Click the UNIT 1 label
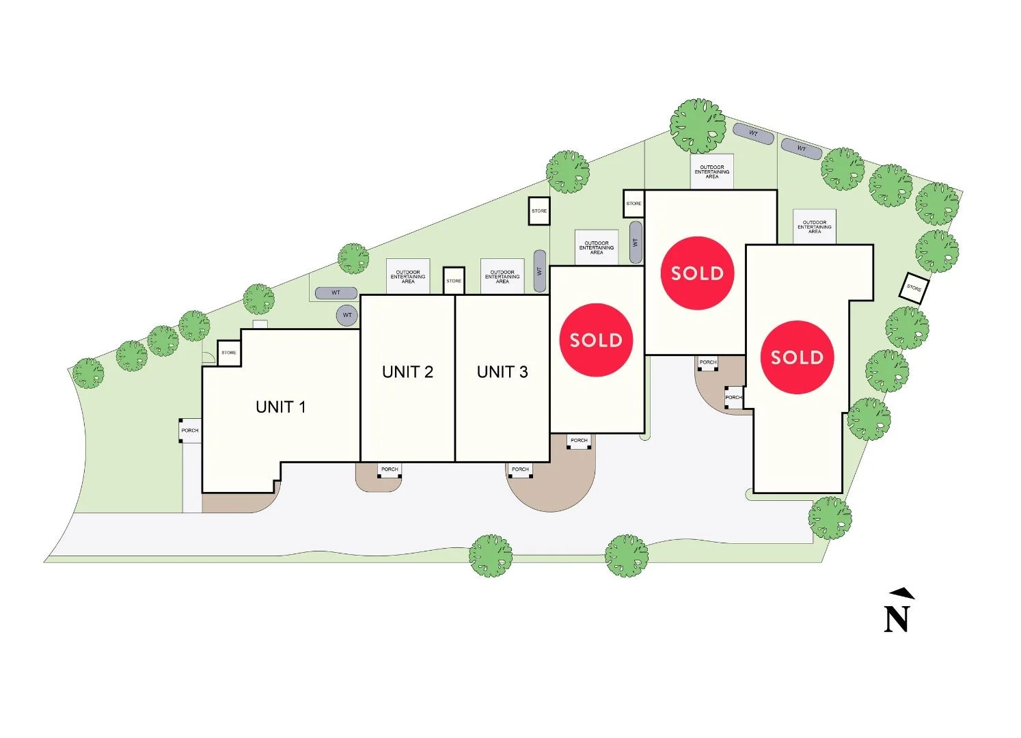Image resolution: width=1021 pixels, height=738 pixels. click(x=280, y=407)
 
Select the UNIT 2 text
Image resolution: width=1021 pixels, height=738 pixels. click(x=407, y=372)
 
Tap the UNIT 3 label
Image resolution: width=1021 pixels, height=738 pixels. click(x=502, y=372)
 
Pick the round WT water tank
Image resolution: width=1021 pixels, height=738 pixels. click(x=347, y=315)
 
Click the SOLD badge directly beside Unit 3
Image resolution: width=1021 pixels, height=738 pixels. click(x=596, y=340)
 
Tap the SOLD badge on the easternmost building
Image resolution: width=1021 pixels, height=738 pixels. click(x=797, y=357)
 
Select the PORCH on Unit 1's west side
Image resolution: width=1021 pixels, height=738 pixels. click(x=190, y=430)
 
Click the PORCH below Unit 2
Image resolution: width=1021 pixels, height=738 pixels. click(x=390, y=469)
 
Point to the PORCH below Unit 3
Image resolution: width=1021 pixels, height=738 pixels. click(x=520, y=469)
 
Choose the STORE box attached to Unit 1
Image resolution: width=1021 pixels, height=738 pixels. click(x=229, y=353)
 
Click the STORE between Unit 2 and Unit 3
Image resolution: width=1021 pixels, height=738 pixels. click(x=454, y=281)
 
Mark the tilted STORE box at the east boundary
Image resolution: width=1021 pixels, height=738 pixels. click(x=914, y=288)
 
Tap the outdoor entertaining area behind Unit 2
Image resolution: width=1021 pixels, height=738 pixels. click(x=408, y=277)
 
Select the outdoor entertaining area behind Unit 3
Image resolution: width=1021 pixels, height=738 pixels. click(x=502, y=277)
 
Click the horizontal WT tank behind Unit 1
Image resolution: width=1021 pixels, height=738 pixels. click(x=336, y=293)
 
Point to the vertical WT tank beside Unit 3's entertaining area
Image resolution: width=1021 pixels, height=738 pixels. click(x=539, y=271)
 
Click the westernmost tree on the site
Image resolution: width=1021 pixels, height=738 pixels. click(x=88, y=373)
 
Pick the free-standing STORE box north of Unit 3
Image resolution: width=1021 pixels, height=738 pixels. click(x=539, y=210)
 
